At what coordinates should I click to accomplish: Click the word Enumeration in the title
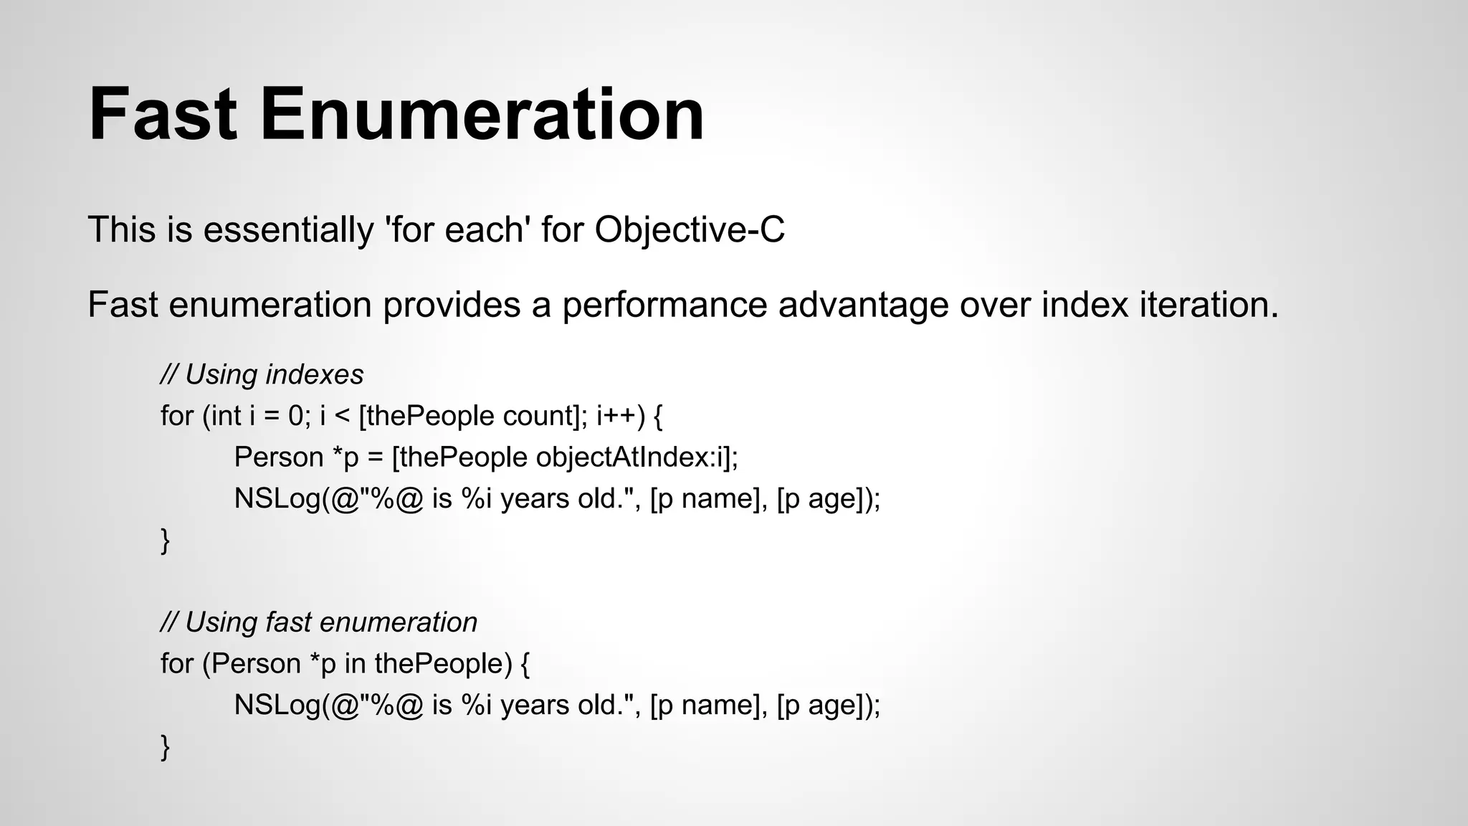pos(482,115)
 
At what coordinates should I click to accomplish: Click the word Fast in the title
pos(163,115)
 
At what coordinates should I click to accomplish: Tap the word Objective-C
pos(690,230)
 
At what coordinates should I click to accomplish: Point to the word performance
pos(664,305)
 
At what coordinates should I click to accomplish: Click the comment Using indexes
pos(262,375)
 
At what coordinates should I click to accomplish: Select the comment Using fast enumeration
pos(319,622)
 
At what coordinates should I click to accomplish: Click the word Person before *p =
pos(279,457)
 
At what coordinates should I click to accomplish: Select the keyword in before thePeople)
pos(355,664)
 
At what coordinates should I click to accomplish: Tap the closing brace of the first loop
pos(165,540)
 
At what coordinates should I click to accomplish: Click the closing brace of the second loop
pos(165,746)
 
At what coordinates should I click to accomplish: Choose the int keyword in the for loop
pos(225,416)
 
